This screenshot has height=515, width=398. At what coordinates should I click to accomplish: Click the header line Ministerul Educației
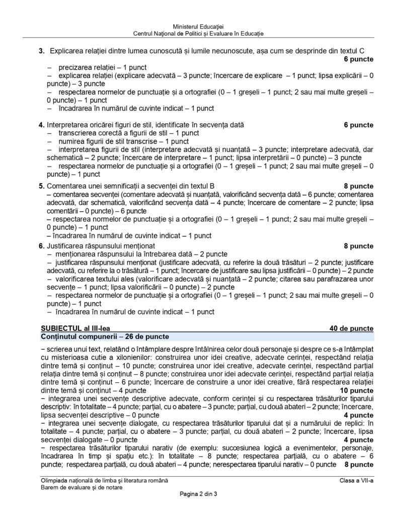click(198, 26)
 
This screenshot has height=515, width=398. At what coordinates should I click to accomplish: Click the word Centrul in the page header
click(145, 33)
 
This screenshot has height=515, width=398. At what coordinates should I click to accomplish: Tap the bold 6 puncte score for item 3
click(358, 59)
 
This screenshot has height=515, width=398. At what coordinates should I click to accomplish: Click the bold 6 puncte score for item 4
click(358, 125)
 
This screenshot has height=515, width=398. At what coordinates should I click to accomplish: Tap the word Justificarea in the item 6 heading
click(65, 246)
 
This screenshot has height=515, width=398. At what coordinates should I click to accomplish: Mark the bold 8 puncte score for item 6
click(358, 246)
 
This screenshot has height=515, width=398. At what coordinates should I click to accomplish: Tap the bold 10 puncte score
click(356, 390)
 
